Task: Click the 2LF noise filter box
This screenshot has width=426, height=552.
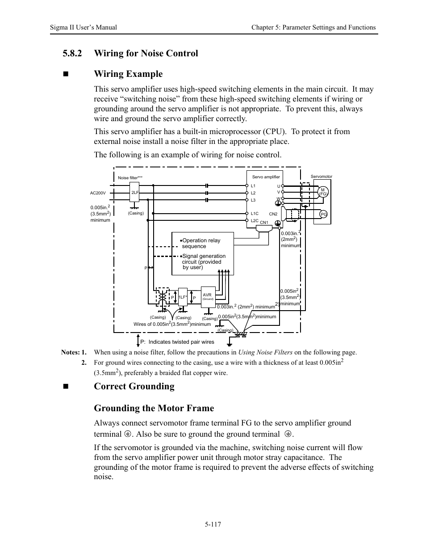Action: [134, 193]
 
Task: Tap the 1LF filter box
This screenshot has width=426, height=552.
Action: [182, 297]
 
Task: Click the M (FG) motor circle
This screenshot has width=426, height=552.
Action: [323, 192]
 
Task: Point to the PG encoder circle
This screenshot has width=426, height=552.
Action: [324, 215]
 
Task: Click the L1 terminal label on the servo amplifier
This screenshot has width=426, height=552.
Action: [253, 185]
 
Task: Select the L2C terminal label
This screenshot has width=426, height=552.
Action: [255, 220]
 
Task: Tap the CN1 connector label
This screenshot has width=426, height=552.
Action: [264, 223]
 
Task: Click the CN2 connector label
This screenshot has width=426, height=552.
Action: [273, 214]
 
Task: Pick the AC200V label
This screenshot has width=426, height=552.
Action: [98, 193]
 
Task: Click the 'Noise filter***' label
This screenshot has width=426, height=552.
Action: [130, 178]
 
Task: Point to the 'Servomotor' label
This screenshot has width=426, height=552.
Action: [322, 177]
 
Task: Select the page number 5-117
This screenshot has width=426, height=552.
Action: [213, 524]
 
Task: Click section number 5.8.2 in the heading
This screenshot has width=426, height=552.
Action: [72, 53]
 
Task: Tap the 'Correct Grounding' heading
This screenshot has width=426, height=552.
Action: [134, 386]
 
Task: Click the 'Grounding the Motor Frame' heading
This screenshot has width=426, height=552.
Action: [154, 408]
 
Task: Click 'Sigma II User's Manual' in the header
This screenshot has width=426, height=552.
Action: [84, 27]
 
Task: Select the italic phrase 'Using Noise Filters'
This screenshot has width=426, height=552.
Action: [265, 352]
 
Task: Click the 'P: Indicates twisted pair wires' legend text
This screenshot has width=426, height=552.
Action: [177, 342]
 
